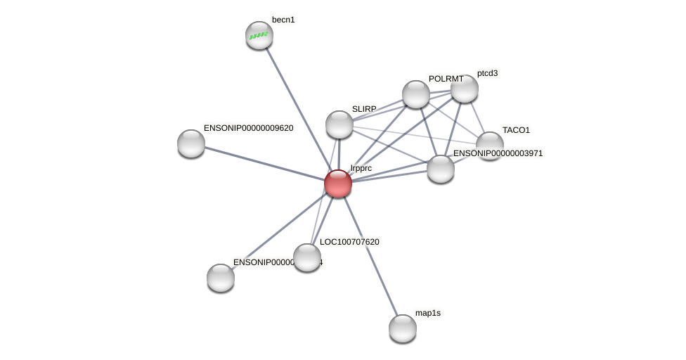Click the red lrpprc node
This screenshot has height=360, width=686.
point(338,184)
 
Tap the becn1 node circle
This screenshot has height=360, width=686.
point(259,35)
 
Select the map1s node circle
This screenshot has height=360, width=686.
point(403,328)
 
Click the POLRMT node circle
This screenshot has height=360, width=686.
point(416,94)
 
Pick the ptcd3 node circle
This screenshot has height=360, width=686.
point(465,89)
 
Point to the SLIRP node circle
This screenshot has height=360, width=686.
point(339,124)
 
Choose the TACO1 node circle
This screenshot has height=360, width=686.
point(490,145)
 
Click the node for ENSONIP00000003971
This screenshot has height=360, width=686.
point(441,169)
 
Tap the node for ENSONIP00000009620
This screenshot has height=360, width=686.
point(191,143)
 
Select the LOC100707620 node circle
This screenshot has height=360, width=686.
point(307,257)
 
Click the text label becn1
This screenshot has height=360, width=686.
point(283,20)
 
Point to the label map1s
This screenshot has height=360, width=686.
point(428,313)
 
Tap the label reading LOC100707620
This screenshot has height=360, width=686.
point(349,242)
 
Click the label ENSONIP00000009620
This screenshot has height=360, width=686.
point(248,128)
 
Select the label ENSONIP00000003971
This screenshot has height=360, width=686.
point(498,153)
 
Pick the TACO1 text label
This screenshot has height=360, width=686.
point(516,130)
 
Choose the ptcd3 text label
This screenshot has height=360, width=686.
point(487,73)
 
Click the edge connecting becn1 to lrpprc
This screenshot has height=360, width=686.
point(297,106)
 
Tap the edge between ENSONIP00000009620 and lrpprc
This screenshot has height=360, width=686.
point(264,163)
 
